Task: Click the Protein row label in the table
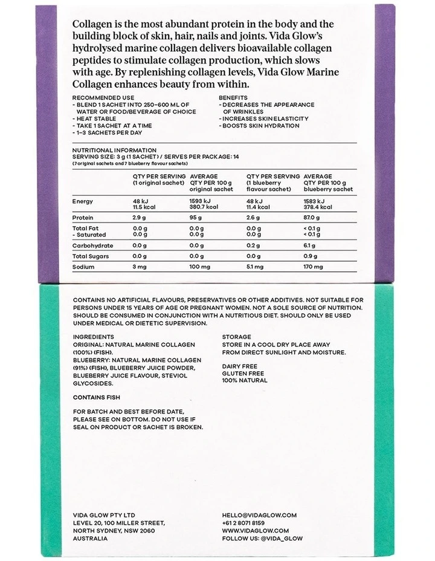pos(83,216)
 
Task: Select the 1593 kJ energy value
pos(201,201)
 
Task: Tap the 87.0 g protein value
pos(314,216)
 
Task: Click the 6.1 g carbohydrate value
pos(309,246)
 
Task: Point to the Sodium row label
pos(83,267)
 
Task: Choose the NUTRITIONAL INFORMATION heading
pos(114,150)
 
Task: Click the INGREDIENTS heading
pos(93,336)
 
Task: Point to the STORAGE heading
pos(236,336)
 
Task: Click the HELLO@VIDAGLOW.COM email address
pos(259,515)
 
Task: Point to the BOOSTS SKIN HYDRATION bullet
pos(260,125)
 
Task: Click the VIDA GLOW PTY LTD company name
pos(105,515)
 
